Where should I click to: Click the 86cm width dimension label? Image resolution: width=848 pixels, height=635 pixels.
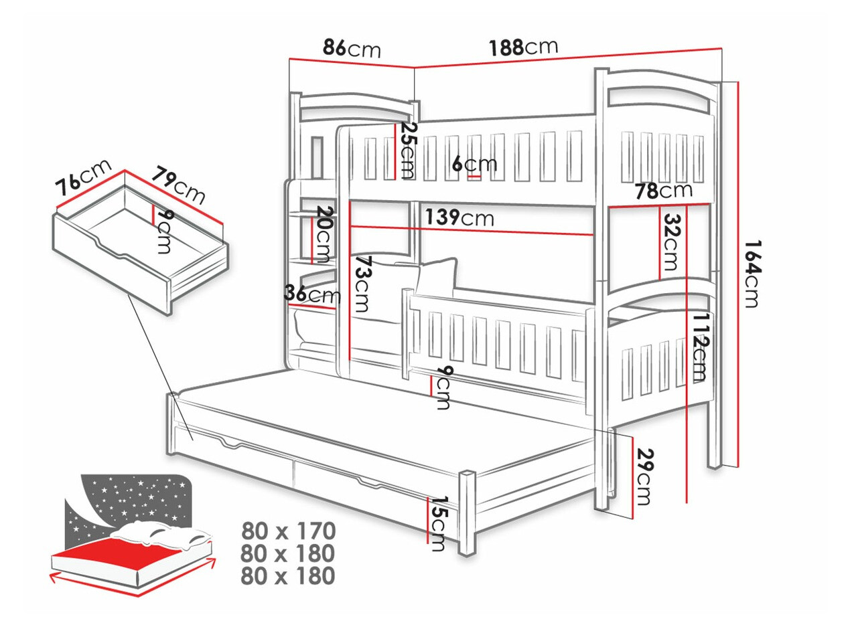[x=351, y=48]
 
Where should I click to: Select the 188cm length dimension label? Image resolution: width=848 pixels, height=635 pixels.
[x=522, y=47]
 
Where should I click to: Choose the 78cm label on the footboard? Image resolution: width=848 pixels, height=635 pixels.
[x=663, y=191]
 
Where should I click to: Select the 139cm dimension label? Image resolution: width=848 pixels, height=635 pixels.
[x=459, y=217]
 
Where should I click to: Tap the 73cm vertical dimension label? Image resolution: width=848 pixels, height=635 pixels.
[x=362, y=284]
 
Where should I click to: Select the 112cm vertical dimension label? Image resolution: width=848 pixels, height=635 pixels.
[x=700, y=346]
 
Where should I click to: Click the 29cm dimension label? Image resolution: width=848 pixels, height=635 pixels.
[x=644, y=476]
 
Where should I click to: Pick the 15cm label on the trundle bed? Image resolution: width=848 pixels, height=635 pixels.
[x=439, y=524]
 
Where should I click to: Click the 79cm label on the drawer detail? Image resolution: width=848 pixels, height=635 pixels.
[x=178, y=185]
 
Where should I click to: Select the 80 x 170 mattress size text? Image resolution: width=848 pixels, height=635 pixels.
[x=288, y=531]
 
